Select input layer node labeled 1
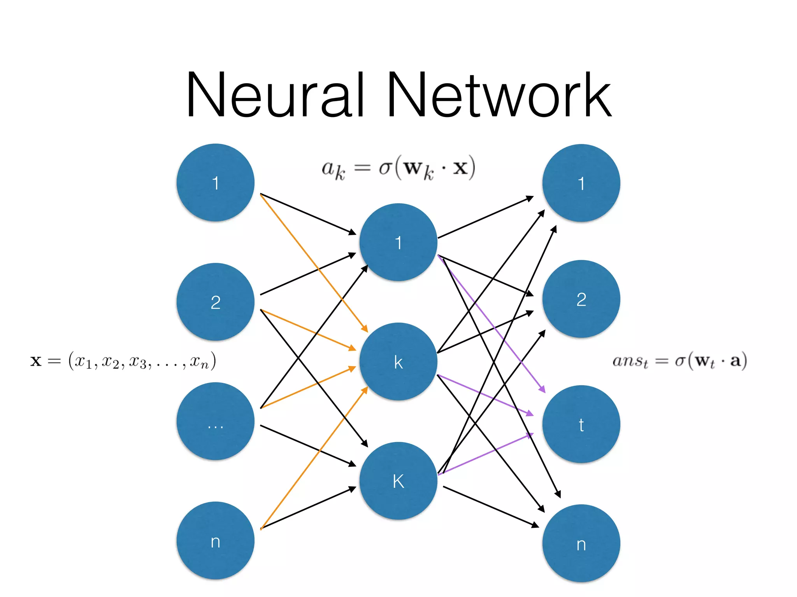[215, 183]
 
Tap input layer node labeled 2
[215, 302]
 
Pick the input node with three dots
[215, 421]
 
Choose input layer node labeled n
[215, 541]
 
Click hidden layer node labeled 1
[398, 242]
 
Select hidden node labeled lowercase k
[398, 361]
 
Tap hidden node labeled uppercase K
[398, 481]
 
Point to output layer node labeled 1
[581, 183]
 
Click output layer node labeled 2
[581, 299]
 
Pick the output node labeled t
[581, 424]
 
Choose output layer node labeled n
[581, 543]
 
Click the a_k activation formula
[398, 168]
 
